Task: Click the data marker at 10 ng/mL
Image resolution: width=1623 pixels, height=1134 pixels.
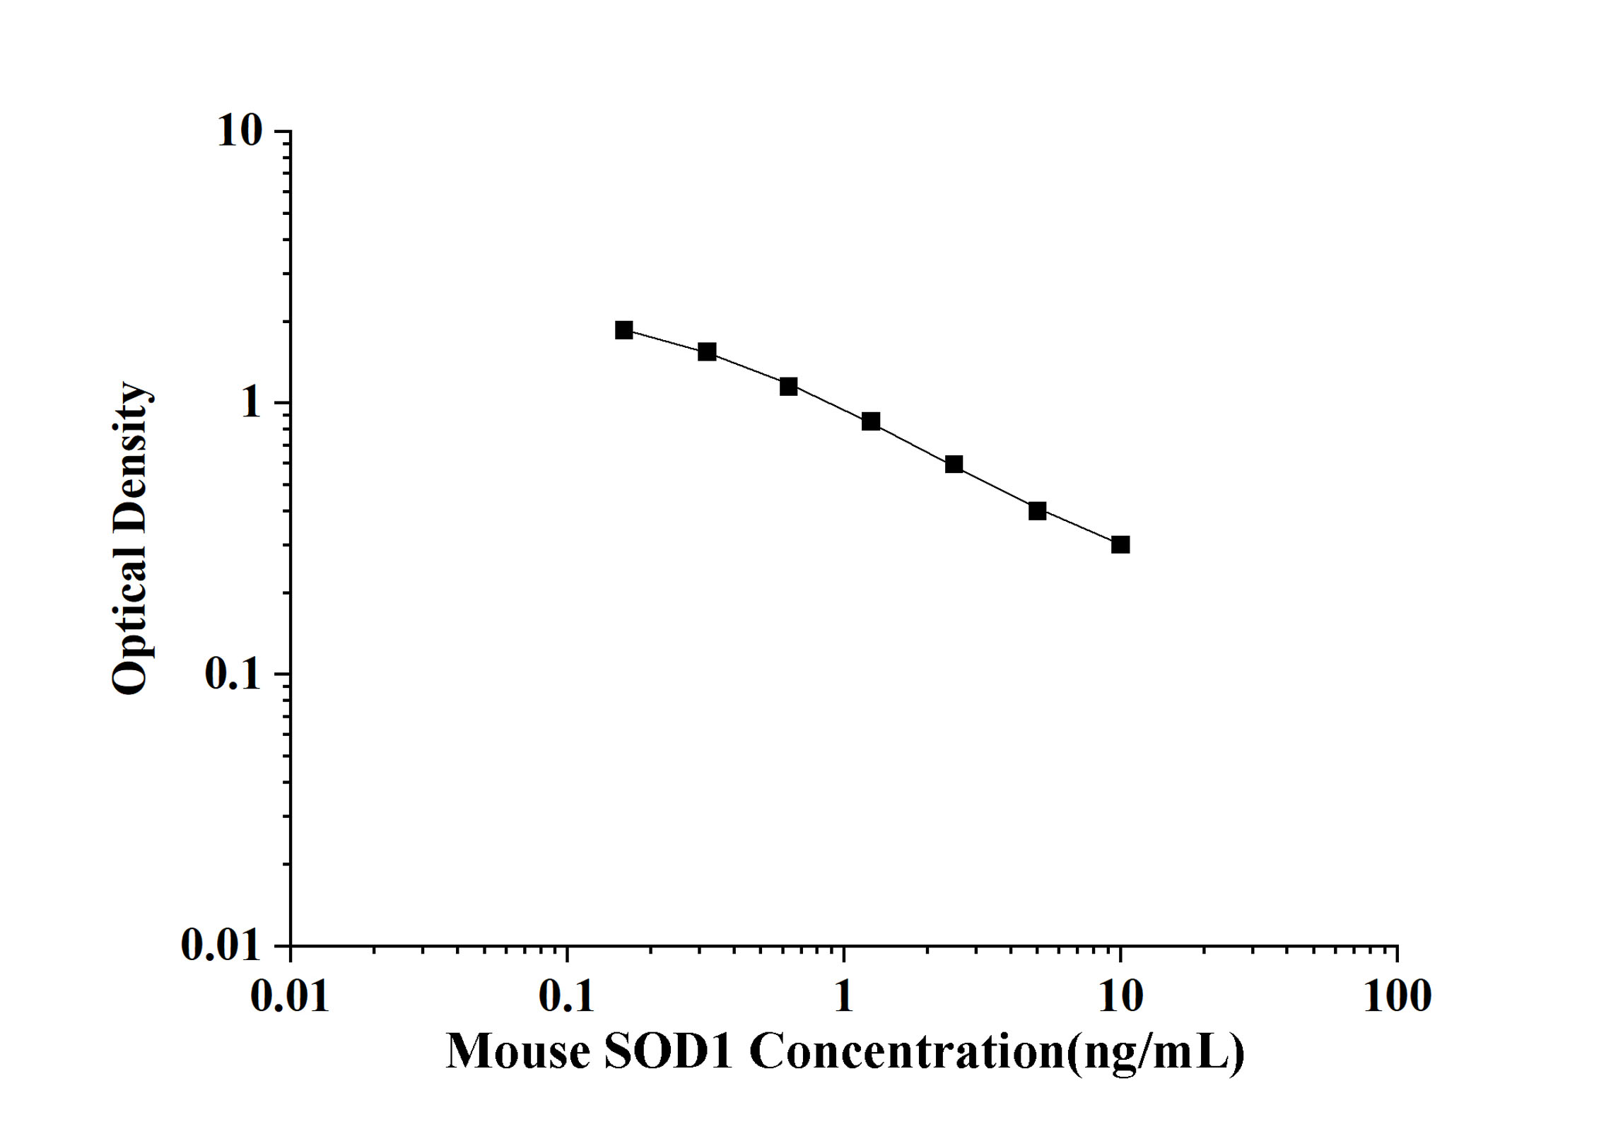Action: [x=1120, y=544]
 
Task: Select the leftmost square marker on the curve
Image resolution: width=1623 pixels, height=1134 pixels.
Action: [x=624, y=330]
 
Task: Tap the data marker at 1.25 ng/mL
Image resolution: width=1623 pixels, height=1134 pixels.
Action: [x=871, y=421]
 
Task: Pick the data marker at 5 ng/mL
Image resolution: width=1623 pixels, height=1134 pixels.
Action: [x=1037, y=510]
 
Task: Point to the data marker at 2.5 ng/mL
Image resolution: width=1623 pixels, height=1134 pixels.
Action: [x=954, y=464]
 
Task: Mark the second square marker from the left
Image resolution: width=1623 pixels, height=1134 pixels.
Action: [x=707, y=351]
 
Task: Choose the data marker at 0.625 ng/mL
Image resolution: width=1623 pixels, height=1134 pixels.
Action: [x=789, y=386]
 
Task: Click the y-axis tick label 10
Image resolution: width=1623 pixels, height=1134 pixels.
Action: [x=240, y=131]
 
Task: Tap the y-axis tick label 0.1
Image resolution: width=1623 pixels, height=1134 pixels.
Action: [x=233, y=674]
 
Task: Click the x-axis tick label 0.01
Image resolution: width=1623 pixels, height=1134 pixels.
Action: [x=290, y=997]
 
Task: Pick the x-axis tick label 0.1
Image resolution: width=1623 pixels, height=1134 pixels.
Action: [x=566, y=997]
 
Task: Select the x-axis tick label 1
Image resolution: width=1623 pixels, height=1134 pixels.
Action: [x=843, y=997]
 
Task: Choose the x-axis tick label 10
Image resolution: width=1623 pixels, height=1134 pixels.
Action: [x=1120, y=997]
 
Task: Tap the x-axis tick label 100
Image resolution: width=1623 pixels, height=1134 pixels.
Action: [x=1397, y=997]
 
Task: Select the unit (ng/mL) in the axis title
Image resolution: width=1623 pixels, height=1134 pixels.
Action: [x=1156, y=1053]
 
